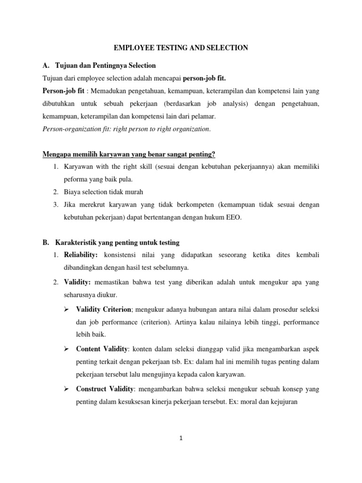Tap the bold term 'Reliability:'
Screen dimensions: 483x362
tap(81, 255)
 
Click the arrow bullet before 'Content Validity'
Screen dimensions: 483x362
tap(66, 348)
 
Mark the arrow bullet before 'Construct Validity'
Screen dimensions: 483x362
tap(66, 387)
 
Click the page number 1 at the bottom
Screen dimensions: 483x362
tap(181, 438)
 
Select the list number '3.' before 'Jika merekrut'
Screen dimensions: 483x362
tap(56, 205)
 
